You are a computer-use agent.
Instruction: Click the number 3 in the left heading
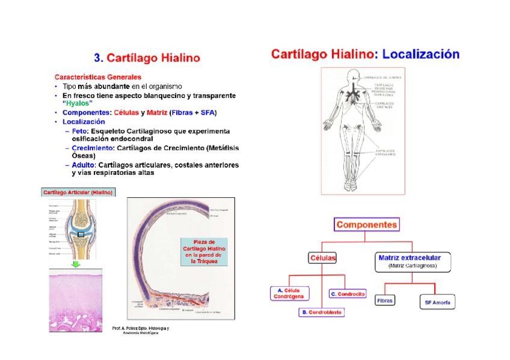pyautogui.click(x=98, y=58)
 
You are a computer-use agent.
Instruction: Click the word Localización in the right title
pyautogui.click(x=420, y=54)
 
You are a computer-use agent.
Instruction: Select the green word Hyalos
pyautogui.click(x=78, y=104)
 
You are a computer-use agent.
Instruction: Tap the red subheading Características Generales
pyautogui.click(x=98, y=77)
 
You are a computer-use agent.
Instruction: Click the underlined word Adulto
pyautogui.click(x=83, y=165)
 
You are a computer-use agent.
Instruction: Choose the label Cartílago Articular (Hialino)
pyautogui.click(x=78, y=192)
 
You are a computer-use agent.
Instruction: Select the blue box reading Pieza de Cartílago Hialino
pyautogui.click(x=204, y=251)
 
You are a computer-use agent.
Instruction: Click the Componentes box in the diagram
pyautogui.click(x=366, y=225)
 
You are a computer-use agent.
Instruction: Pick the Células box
pyautogui.click(x=322, y=257)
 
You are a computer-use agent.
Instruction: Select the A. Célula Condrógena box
pyautogui.click(x=290, y=293)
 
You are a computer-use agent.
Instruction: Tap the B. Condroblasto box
pyautogui.click(x=322, y=313)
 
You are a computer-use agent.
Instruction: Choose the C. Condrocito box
pyautogui.click(x=347, y=294)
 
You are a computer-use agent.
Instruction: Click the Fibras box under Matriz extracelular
pyautogui.click(x=385, y=299)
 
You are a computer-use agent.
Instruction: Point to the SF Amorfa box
pyautogui.click(x=437, y=302)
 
